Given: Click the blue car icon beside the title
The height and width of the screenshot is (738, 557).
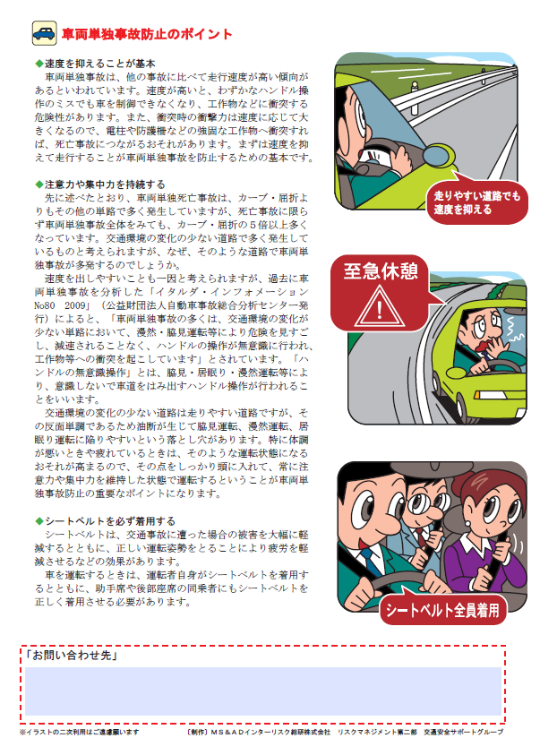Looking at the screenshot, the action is [44, 33].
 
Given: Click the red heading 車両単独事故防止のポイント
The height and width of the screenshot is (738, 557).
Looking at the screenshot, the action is [147, 34].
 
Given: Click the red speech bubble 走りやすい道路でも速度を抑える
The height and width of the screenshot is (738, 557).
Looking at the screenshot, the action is [476, 202].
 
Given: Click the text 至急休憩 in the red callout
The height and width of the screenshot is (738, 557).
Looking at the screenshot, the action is [380, 271].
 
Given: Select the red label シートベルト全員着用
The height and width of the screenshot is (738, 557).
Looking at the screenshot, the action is [442, 610].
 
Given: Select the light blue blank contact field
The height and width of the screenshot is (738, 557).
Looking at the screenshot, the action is [263, 691].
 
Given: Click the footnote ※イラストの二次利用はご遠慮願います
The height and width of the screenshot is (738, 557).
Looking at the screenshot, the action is [80, 732].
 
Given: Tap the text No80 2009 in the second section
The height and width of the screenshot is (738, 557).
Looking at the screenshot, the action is [60, 305].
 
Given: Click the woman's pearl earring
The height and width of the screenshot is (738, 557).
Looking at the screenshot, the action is [467, 524].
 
